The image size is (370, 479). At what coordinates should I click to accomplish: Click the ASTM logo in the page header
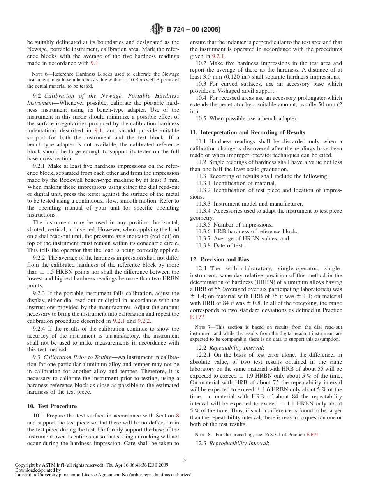pos(157,29)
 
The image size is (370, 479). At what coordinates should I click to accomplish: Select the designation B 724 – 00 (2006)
pos(194,30)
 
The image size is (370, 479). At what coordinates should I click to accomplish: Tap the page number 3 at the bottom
pos(185,460)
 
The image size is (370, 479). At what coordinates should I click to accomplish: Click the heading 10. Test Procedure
pos(52,406)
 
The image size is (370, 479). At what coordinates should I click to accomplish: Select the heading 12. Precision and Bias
pos(219,259)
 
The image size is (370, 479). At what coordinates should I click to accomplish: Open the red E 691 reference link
pos(312,435)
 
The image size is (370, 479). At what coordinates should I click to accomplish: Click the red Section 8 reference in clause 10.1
pos(178,416)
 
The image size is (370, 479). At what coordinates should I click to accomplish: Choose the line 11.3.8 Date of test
pos(220,245)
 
